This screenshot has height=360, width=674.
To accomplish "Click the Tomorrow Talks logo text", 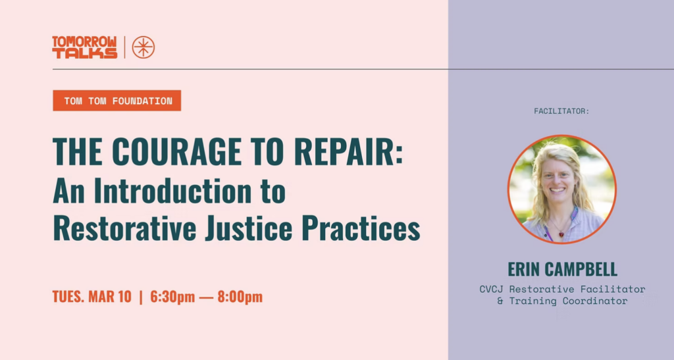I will click(84, 47).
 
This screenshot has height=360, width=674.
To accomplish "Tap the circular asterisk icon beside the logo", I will click(143, 47).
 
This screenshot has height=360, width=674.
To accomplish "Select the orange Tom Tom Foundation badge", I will click(117, 101).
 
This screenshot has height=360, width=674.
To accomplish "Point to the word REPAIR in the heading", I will click(358, 152).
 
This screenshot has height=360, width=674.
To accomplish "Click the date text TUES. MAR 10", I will click(92, 297).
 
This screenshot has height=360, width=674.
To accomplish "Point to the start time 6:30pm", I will click(172, 297).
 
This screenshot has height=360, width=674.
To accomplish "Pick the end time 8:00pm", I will click(240, 297).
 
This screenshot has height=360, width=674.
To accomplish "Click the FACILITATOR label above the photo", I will click(561, 111).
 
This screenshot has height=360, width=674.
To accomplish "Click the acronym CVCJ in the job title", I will click(491, 289).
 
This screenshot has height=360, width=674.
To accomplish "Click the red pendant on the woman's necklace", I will click(561, 234).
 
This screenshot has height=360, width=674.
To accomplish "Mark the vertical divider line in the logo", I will click(125, 47).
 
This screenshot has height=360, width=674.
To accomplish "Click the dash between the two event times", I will click(207, 297).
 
